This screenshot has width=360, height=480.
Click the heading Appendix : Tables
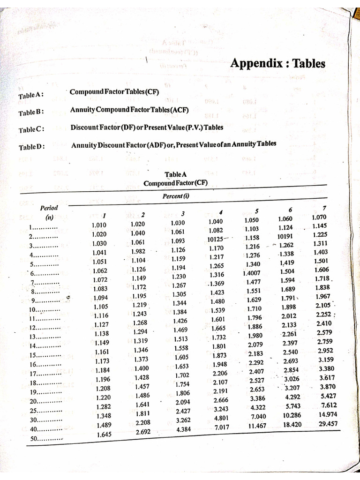click(278, 63)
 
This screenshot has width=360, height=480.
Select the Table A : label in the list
click(31, 96)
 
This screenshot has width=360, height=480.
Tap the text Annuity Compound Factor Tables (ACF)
click(129, 110)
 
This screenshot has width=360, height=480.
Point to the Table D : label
click(32, 146)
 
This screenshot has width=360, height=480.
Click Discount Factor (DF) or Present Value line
click(147, 127)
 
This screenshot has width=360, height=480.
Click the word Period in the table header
click(49, 208)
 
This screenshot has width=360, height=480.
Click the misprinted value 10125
click(217, 239)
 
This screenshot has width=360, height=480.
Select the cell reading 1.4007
click(252, 273)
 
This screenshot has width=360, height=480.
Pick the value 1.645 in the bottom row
click(104, 435)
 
